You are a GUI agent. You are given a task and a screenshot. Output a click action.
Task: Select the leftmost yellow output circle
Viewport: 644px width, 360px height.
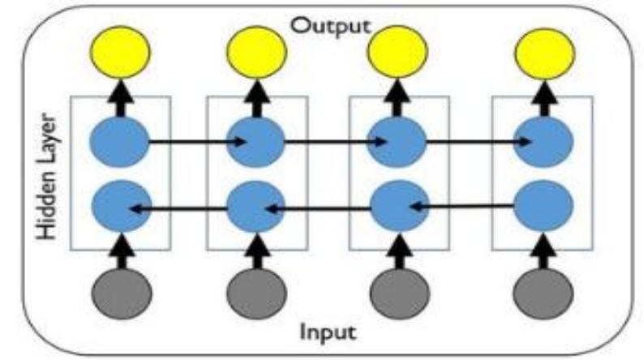[121, 53]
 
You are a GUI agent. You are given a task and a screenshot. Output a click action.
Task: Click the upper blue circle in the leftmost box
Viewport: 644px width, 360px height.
[121, 143]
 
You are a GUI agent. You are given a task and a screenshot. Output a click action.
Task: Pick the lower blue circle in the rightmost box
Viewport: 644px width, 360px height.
[544, 205]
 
